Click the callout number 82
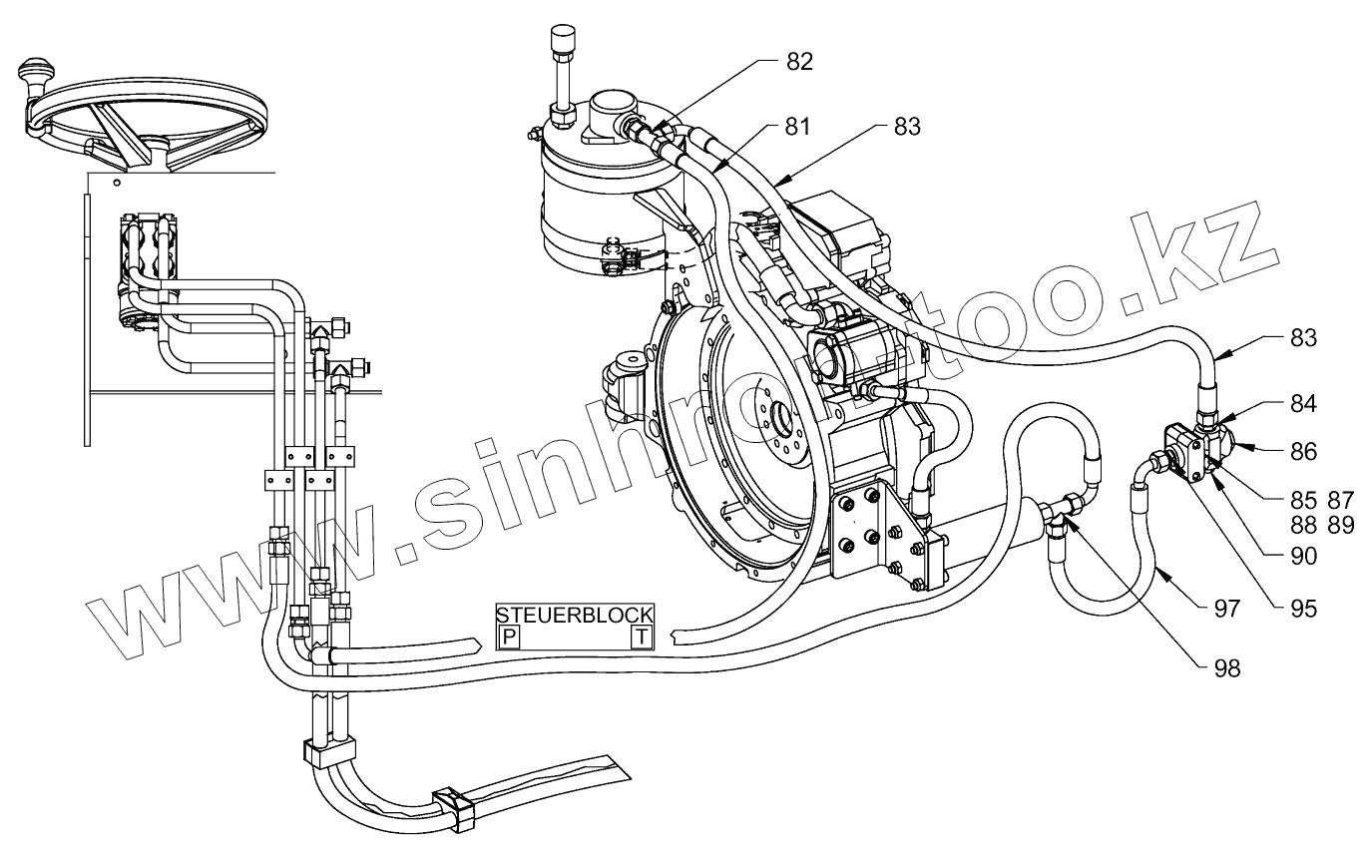799,61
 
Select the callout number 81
797,127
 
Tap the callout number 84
1302,404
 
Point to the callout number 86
1302,452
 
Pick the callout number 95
1302,608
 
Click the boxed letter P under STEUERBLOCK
509,637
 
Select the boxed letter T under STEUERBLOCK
643,637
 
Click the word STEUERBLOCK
575,614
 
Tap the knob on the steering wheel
36,77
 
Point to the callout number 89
1339,525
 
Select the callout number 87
1339,499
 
